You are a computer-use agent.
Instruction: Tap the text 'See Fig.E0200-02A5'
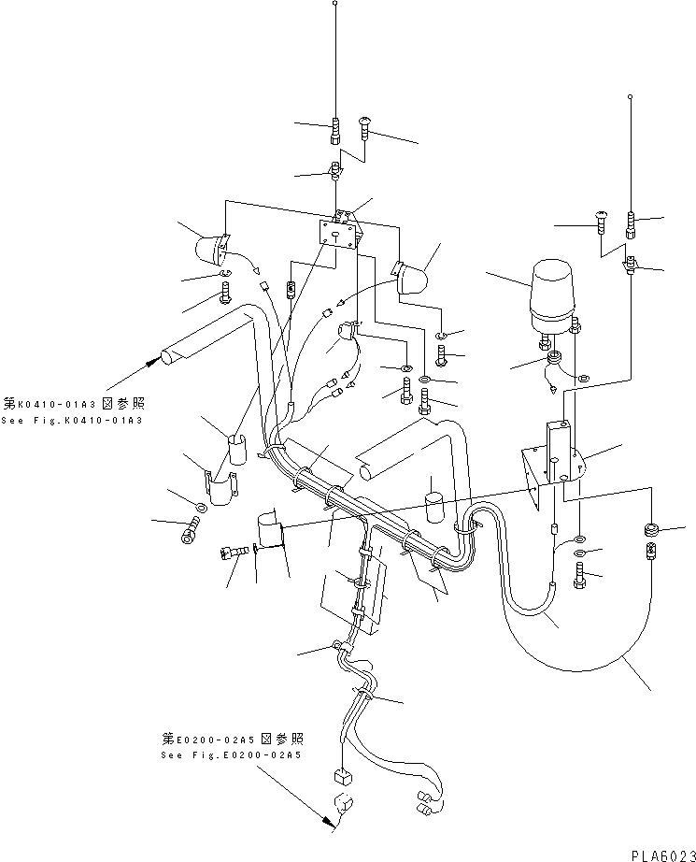(x=231, y=755)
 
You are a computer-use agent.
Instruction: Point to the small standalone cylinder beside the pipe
(x=433, y=506)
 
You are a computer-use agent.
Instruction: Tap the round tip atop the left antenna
(x=335, y=5)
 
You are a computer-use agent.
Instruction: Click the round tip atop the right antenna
(x=632, y=97)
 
